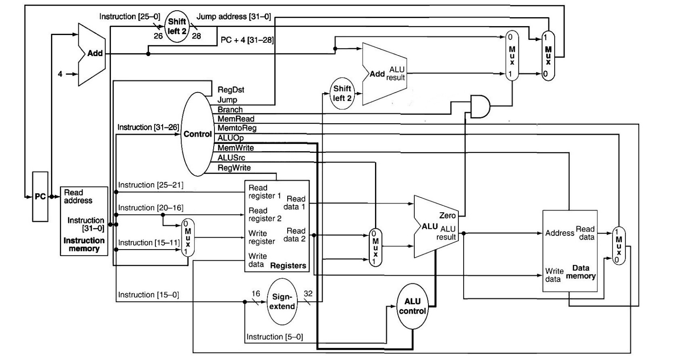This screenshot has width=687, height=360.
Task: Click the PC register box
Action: coord(40,197)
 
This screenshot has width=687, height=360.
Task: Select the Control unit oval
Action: coord(197,134)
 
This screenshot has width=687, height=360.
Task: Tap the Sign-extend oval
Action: coord(282,301)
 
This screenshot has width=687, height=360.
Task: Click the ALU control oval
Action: coord(412,306)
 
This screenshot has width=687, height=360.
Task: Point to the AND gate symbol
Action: coord(480,107)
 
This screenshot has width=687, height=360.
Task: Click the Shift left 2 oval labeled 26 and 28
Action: coord(177,26)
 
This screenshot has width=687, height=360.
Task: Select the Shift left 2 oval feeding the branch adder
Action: coord(342,93)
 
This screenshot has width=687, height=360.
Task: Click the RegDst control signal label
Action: coord(231,90)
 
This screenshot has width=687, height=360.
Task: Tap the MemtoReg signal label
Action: coord(237,128)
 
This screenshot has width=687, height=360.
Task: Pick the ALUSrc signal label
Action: coord(231,158)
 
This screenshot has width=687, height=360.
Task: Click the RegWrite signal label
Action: coord(234,168)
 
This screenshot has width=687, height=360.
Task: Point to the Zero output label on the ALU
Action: coord(447,216)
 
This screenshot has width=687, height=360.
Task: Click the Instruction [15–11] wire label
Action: coord(149,243)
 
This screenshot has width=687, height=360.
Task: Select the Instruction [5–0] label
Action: coord(274,337)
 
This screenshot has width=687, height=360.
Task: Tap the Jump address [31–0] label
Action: coord(234,17)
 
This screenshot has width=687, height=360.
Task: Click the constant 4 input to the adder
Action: coord(60,74)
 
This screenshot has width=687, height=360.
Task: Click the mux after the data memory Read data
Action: coord(618,245)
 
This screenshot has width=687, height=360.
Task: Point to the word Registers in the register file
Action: coord(288,265)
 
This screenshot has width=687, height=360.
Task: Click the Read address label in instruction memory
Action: coord(78,196)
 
